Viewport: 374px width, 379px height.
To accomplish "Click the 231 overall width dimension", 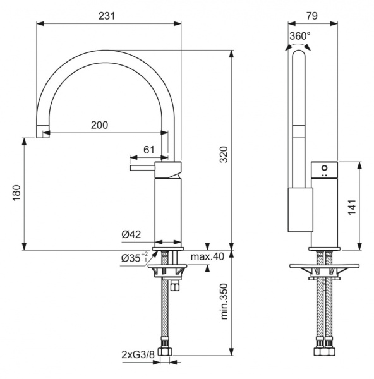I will [106, 16].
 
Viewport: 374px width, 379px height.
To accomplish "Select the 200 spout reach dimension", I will [99, 125].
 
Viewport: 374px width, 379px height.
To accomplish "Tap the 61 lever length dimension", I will [149, 150].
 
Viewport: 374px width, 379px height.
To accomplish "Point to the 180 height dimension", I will [16, 193].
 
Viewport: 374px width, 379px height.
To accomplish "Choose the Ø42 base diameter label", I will [131, 234].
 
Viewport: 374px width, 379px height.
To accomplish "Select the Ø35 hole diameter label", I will [135, 258].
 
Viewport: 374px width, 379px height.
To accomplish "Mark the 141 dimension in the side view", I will [352, 207].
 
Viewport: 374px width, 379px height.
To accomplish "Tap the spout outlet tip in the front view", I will [42, 131].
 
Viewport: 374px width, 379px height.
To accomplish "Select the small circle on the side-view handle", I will [324, 169].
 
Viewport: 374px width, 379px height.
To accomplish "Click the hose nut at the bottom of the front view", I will [166, 351].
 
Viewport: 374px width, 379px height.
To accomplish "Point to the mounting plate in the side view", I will [324, 266].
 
